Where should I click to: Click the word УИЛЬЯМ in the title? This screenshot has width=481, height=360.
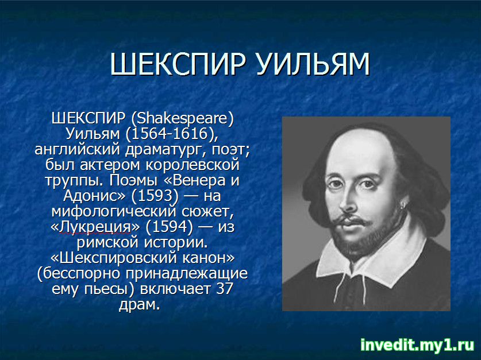313,64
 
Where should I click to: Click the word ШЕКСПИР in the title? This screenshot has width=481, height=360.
178,64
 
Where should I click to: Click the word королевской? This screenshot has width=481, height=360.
193,165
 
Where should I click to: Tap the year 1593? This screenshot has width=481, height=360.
155,196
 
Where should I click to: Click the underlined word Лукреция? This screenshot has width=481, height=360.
95,227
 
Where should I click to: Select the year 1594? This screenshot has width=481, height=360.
170,227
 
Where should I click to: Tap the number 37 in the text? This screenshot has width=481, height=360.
225,289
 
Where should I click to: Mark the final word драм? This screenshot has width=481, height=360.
140,304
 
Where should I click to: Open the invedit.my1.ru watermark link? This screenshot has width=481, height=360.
417,345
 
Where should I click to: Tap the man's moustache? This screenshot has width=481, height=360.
350,220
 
